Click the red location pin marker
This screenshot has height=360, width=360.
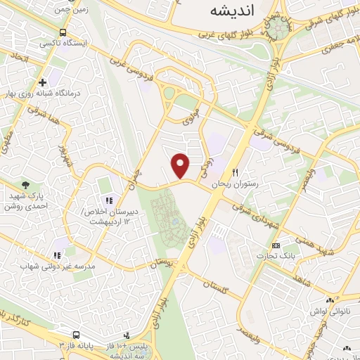pyautogui.click(x=181, y=165)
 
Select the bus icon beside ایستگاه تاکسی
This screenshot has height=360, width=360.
pyautogui.click(x=64, y=33)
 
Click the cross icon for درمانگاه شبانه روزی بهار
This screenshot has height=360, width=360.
pyautogui.click(x=42, y=82)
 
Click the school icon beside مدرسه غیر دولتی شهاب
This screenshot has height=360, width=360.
pyautogui.click(x=57, y=255)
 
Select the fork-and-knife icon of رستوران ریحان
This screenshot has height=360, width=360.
pyautogui.click(x=236, y=172)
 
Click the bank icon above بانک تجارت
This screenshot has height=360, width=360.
pyautogui.click(x=275, y=245)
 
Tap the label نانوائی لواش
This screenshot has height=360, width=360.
pyautogui.click(x=327, y=310)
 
